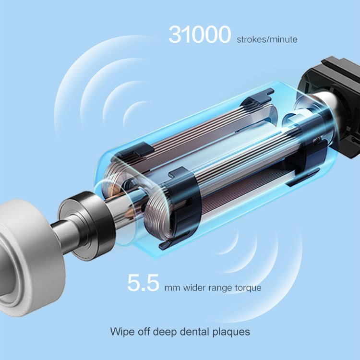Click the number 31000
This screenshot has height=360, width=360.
coord(200,35)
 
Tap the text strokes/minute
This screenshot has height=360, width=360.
coord(267,39)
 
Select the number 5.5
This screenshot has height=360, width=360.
coord(143,283)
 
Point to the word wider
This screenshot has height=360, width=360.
coord(194,288)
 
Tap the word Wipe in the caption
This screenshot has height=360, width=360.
coord(122,332)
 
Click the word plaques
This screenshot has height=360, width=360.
coord(231,332)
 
